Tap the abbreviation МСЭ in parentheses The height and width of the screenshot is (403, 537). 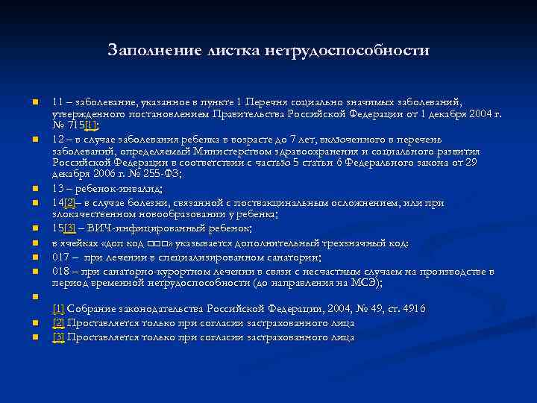click(361, 283)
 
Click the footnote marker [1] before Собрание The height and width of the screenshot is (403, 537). click(58, 309)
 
